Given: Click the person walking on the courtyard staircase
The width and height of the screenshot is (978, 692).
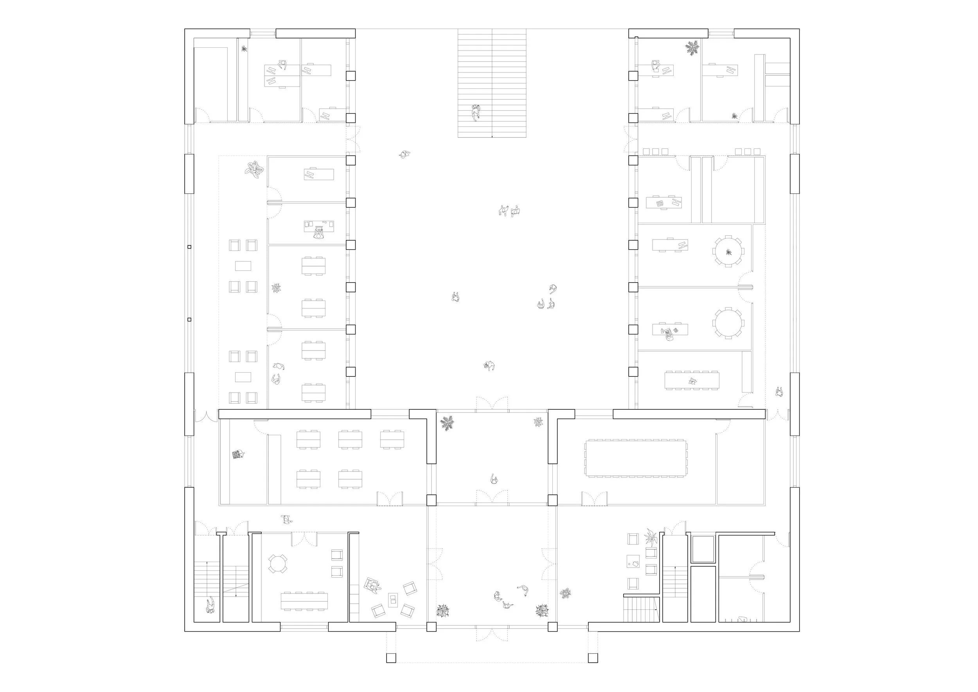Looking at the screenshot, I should (476, 112).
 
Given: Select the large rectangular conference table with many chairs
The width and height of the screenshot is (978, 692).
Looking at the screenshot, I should (636, 458).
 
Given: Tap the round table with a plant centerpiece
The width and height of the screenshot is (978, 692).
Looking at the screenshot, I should (728, 252).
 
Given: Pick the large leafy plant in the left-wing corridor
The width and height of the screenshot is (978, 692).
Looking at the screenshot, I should (254, 169).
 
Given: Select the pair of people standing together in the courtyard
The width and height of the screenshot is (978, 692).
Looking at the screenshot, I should (510, 211).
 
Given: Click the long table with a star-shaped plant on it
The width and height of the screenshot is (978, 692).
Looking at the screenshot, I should (692, 380).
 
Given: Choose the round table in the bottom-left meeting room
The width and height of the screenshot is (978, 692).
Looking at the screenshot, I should (277, 564).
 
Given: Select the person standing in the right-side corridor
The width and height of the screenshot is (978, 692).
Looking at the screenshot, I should (780, 392).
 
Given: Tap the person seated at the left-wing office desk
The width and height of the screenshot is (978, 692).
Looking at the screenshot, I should (318, 234).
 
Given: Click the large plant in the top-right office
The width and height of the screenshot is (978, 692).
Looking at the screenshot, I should (692, 48).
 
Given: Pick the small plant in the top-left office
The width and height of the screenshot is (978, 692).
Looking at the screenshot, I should (244, 49).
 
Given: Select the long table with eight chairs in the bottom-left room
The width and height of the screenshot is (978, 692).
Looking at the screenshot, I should (304, 601).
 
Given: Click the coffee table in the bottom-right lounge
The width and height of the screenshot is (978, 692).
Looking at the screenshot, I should (633, 562).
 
